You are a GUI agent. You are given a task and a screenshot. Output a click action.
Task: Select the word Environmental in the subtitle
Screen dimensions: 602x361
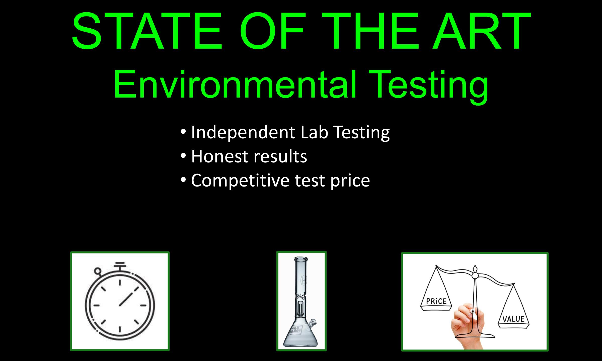[x=235, y=84]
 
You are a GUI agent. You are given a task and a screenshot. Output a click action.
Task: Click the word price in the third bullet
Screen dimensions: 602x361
[x=350, y=181]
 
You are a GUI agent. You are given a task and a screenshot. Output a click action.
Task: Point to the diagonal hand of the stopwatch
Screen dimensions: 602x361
[x=129, y=296]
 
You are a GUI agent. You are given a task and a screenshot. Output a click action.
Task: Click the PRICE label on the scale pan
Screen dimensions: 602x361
[x=436, y=301]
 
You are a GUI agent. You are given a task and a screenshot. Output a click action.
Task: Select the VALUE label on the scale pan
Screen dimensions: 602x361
[x=513, y=319]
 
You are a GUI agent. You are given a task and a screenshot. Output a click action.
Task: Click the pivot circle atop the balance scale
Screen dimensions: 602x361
[x=475, y=276]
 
